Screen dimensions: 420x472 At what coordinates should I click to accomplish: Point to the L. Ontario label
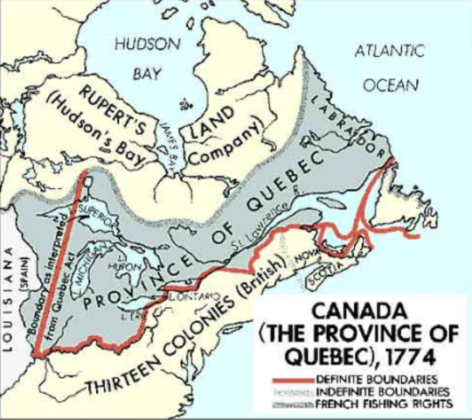pyautogui.click(x=181, y=297)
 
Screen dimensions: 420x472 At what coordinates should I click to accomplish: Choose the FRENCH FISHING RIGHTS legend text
pyautogui.click(x=403, y=403)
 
